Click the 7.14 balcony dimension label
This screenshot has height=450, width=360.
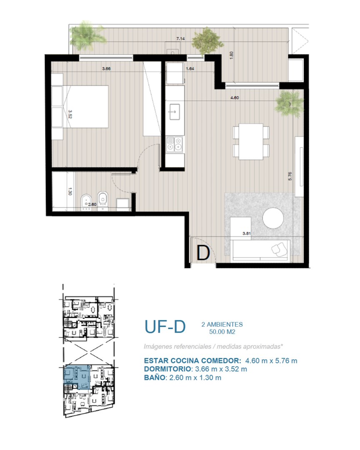click(180, 38)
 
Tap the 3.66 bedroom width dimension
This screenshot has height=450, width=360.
click(106, 69)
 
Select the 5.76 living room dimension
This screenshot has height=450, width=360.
click(290, 176)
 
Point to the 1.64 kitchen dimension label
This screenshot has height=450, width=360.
click(190, 69)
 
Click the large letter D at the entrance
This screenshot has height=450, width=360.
click(203, 253)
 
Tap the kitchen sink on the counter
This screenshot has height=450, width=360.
click(174, 112)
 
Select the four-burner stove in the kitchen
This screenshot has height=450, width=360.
click(175, 144)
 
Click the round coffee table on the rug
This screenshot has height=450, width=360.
click(273, 218)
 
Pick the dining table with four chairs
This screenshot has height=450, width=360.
click(251, 142)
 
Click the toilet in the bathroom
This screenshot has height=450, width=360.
click(102, 200)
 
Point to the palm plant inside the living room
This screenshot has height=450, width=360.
click(289, 103)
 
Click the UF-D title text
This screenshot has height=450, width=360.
click(165, 327)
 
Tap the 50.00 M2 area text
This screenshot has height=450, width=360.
click(222, 332)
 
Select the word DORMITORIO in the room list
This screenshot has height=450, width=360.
click(167, 369)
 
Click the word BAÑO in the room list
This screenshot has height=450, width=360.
click(155, 377)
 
